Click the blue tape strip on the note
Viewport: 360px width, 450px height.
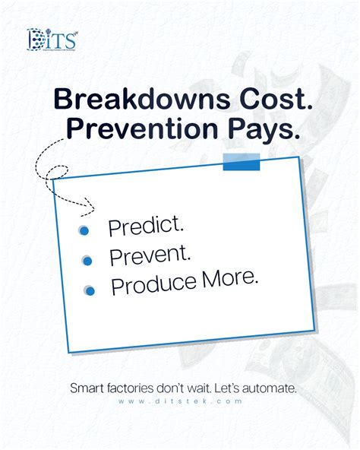[x=241, y=162]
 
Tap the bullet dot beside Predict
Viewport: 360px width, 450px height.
[x=84, y=230]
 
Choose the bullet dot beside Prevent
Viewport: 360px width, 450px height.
[x=87, y=261]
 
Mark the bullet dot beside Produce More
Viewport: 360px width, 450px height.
[x=90, y=290]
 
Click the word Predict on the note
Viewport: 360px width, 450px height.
[x=146, y=226]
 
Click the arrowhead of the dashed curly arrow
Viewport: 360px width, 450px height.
[x=91, y=204]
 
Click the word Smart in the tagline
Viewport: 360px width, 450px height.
[x=87, y=388]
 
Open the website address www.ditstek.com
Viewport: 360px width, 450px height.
[x=180, y=401]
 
